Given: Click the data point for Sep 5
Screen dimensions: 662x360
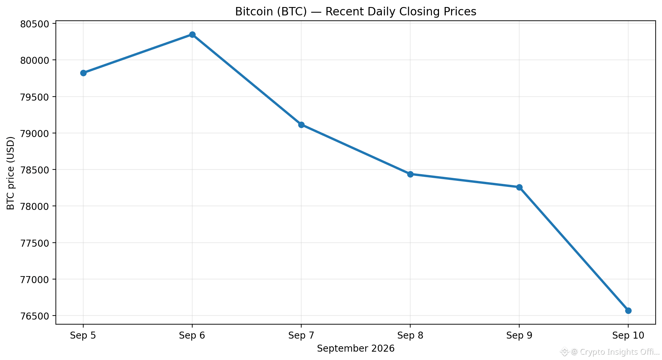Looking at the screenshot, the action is [83, 73].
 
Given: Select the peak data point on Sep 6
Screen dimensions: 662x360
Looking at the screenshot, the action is [192, 34].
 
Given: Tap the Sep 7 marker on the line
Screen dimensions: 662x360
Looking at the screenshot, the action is [301, 125].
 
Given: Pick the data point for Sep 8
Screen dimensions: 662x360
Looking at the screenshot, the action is [410, 174].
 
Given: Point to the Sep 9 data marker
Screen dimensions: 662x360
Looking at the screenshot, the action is [519, 187].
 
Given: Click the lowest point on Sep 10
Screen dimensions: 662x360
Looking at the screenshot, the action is [628, 311].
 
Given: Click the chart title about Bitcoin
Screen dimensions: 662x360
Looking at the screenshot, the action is [355, 12].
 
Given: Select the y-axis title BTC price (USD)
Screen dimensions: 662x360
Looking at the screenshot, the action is [11, 173].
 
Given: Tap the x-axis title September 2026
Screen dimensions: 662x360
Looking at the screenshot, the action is [356, 349].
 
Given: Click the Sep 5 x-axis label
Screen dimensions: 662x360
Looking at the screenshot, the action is [83, 336].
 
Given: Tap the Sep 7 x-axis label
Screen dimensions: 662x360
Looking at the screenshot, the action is [301, 336].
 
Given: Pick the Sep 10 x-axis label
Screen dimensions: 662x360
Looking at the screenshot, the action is [628, 336].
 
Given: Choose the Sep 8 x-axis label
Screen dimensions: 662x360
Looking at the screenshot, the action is [410, 336].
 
